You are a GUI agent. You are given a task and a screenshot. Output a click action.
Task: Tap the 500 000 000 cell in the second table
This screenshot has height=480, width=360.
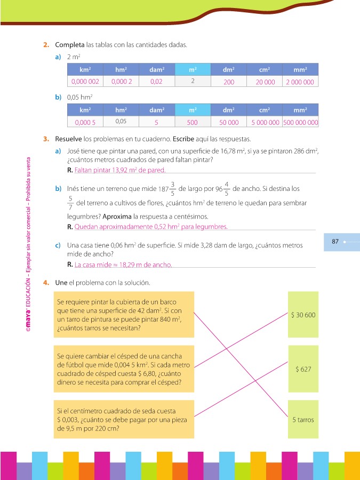(301, 122)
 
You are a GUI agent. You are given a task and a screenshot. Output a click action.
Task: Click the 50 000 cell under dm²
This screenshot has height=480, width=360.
(229, 122)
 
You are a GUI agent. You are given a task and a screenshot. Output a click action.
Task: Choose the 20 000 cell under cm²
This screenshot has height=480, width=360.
(265, 82)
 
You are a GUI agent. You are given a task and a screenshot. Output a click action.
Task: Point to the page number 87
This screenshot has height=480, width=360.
(335, 242)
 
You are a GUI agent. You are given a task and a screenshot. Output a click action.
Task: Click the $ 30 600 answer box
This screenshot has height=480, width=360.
(303, 315)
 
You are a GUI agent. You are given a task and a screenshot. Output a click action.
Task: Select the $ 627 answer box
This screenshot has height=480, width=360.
(303, 369)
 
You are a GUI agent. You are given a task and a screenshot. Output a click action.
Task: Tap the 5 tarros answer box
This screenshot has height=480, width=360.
(303, 420)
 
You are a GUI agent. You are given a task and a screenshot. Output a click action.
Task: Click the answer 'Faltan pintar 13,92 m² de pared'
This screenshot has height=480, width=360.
(120, 170)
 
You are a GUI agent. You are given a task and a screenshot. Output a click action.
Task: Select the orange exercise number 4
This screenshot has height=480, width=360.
(47, 282)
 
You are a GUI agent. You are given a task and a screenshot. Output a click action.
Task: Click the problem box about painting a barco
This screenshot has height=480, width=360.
(123, 315)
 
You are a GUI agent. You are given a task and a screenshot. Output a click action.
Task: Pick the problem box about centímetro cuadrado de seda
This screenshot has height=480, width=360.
(123, 420)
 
